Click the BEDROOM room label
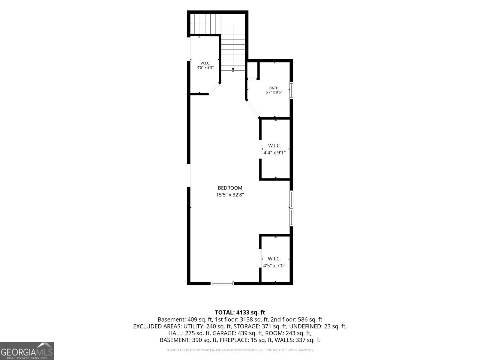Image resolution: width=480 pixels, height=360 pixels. coord(230,188)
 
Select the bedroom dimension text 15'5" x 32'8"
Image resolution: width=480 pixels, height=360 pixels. coord(230,194)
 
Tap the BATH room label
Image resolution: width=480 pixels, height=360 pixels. coord(274,88)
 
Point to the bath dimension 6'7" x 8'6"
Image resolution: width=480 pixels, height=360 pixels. coord(274,92)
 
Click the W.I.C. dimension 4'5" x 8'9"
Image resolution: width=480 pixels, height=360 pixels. coord(205,67)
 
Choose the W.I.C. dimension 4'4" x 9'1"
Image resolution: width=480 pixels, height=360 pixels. coord(274,153)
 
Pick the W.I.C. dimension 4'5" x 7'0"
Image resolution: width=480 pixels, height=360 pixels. coord(274,266)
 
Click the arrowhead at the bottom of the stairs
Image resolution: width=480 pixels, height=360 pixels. coord(233,70)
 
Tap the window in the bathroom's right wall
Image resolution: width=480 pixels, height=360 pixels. coord(291,91)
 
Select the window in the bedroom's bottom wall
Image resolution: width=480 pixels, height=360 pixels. coord(222,283)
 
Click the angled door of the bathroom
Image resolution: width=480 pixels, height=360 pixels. coord(253,109)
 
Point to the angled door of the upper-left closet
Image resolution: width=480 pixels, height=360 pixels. coord(214,89)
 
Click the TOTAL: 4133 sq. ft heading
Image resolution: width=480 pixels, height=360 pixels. coord(240,312)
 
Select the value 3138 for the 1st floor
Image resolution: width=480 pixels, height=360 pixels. coord(246,319)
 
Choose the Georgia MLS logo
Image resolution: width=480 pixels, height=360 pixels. coord(27,351)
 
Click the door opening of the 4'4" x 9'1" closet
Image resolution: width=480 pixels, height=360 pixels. coord(260,149)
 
